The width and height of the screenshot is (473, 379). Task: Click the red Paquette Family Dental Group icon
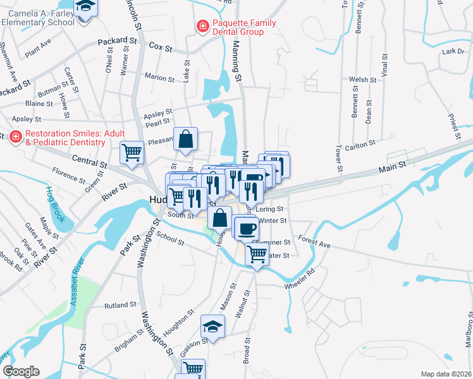tap(202, 27)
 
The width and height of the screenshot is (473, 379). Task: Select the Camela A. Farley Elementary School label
tap(38, 16)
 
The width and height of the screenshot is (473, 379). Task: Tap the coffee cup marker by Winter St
tap(245, 227)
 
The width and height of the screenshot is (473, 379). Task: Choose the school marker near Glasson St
tap(213, 327)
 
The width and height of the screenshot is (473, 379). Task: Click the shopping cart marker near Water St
tap(256, 255)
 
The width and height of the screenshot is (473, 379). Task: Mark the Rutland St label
tap(121, 304)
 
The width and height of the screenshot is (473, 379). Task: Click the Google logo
tap(21, 371)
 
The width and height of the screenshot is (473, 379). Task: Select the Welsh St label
tap(363, 80)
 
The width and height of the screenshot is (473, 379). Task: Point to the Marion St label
tap(159, 79)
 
